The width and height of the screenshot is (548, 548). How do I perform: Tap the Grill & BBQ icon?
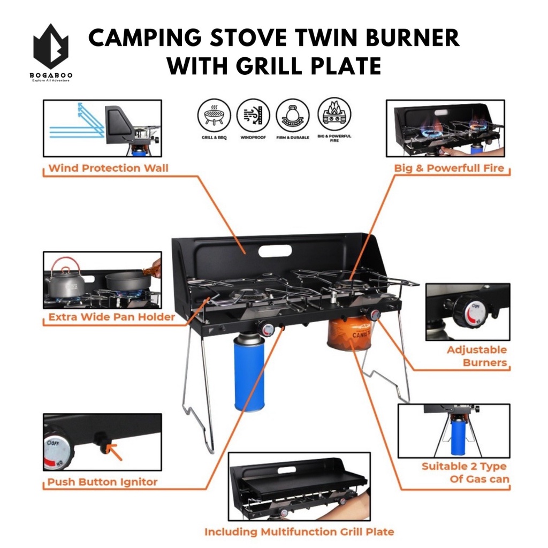point(214,116)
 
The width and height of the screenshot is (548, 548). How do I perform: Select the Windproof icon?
point(253,116)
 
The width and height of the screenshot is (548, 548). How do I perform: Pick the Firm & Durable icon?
point(293,116)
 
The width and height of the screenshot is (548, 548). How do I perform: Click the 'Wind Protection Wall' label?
point(108,168)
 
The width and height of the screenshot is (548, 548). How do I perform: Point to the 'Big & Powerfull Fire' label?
point(449,168)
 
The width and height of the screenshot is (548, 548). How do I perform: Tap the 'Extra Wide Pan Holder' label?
point(111,317)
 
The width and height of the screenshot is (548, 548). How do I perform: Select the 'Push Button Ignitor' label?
point(102,482)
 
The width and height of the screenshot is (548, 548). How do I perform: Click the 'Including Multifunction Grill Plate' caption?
point(299,532)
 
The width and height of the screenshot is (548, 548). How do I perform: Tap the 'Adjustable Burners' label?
point(477,356)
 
